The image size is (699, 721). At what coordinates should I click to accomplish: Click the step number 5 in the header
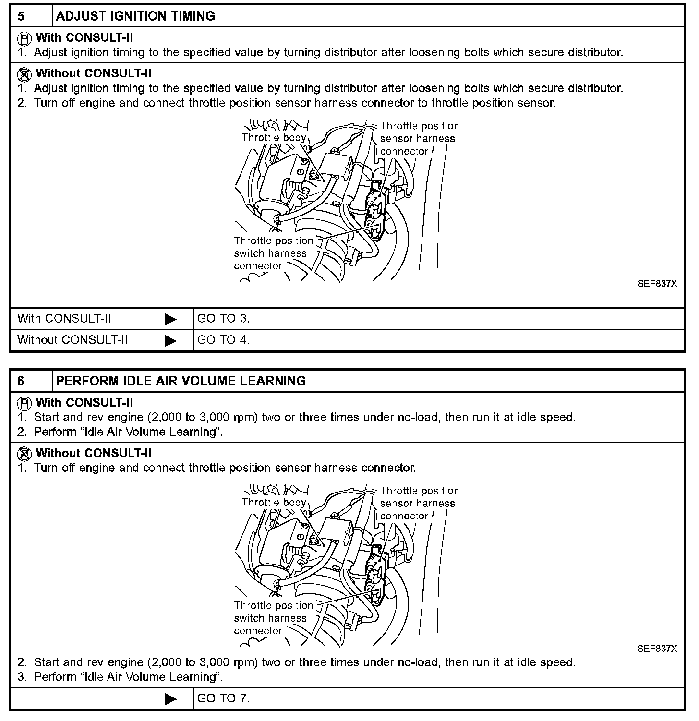tap(21, 16)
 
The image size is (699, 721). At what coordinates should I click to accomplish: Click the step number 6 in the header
tap(21, 381)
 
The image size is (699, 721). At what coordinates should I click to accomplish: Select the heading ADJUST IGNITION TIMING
tap(135, 16)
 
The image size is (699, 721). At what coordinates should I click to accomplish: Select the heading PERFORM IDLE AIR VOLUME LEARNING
tap(181, 381)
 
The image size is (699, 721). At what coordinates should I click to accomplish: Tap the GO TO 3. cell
tap(224, 319)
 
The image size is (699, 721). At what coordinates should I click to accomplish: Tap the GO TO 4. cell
tap(224, 340)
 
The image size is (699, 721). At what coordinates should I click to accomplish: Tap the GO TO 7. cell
tap(224, 698)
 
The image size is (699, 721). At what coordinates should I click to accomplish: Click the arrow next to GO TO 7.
tap(170, 699)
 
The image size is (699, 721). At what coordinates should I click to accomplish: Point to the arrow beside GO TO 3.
tap(170, 319)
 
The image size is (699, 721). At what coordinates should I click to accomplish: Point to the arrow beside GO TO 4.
tap(170, 340)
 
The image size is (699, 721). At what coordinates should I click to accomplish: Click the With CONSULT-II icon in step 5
tap(24, 37)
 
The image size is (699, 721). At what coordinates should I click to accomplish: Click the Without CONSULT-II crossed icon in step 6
tap(24, 453)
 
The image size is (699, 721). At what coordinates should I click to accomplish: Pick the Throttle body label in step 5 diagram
tap(274, 138)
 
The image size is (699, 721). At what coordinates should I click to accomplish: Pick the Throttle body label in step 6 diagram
tap(274, 503)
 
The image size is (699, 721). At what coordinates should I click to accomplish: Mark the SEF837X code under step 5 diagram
tap(657, 284)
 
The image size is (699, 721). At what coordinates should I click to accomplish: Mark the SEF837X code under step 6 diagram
tap(657, 649)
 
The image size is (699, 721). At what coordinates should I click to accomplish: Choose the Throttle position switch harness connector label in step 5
tap(273, 253)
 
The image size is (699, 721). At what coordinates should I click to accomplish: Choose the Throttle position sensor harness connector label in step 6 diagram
tap(419, 504)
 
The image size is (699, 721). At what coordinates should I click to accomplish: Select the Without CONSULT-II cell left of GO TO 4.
tap(72, 340)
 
